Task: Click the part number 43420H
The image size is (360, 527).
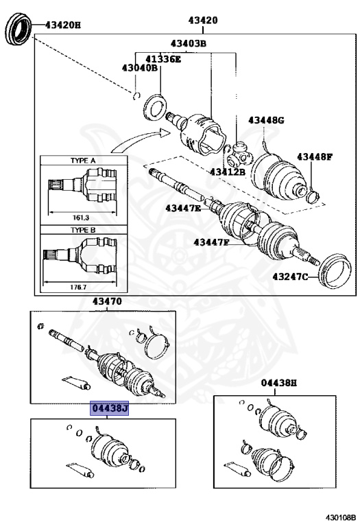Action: click(x=63, y=25)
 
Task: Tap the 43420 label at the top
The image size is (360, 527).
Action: click(x=203, y=21)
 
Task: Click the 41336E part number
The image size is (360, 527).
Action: click(x=163, y=59)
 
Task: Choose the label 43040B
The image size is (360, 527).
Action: click(x=140, y=68)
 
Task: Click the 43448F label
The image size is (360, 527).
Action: click(x=314, y=157)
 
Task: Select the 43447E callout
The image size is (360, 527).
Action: click(x=184, y=208)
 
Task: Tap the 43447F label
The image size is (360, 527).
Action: click(x=212, y=242)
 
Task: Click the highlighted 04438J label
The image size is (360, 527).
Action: click(x=110, y=409)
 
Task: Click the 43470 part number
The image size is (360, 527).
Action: click(x=107, y=301)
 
